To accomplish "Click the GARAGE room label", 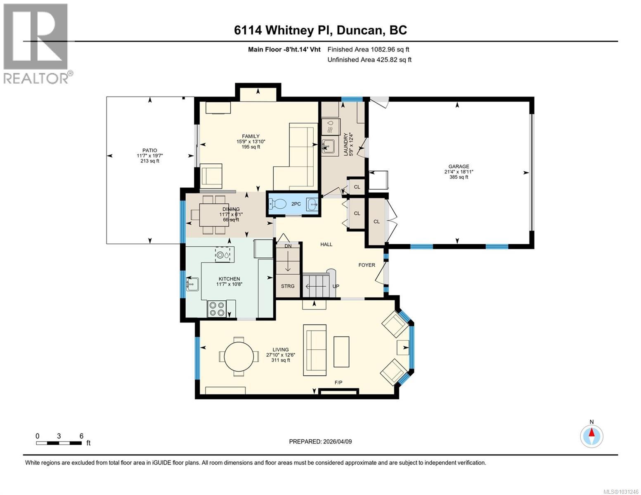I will tap(459, 167).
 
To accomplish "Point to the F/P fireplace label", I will tap(338, 383).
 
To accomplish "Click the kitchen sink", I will tap(192, 284).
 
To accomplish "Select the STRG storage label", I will tap(288, 286).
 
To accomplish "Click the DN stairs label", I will tap(288, 246).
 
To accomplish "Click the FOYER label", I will tap(367, 265).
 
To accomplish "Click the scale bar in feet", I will tap(59, 443).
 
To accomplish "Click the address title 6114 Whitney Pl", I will tap(320, 30).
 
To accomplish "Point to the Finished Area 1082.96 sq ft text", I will tap(368, 49).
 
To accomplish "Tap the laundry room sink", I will tap(329, 145).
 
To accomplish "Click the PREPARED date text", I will tap(320, 441).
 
